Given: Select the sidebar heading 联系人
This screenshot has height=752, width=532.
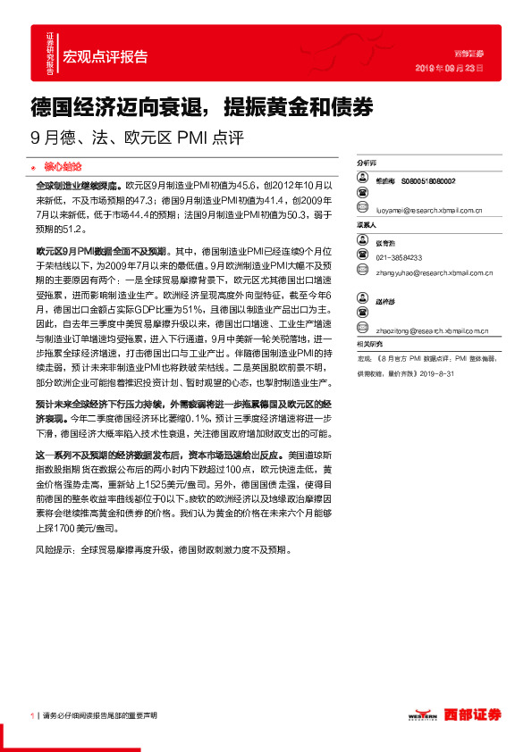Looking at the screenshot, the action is click(367, 225).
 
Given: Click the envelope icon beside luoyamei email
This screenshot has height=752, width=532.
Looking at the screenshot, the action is click(362, 211).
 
